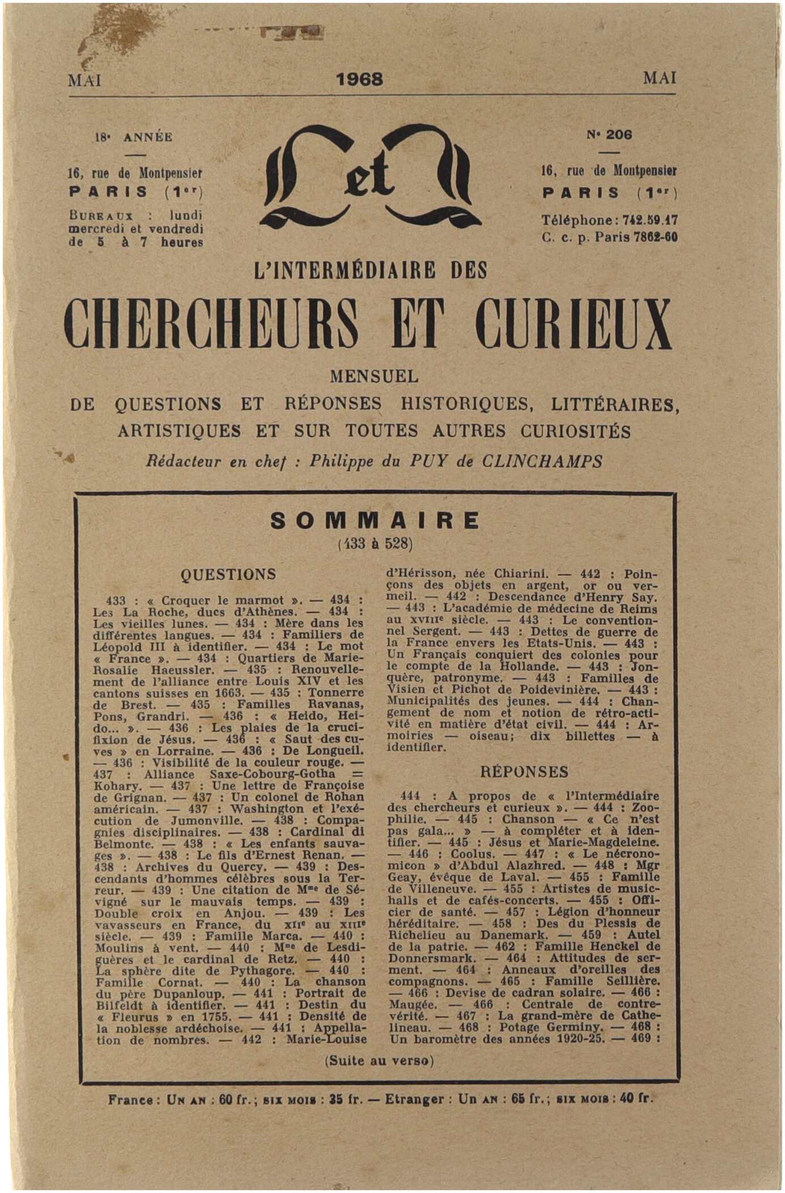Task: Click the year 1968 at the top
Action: pos(359,79)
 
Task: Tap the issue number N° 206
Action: pos(609,135)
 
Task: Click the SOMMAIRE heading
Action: pos(375,520)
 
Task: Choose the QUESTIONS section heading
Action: pos(228,575)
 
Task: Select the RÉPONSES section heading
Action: pos(524,772)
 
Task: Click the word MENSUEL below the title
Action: pos(374,376)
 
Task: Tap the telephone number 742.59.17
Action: pos(650,220)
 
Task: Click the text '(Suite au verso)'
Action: pos(379,1061)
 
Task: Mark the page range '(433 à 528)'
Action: pos(375,544)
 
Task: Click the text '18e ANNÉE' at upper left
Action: pos(134,137)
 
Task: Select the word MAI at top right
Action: pos(659,78)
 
